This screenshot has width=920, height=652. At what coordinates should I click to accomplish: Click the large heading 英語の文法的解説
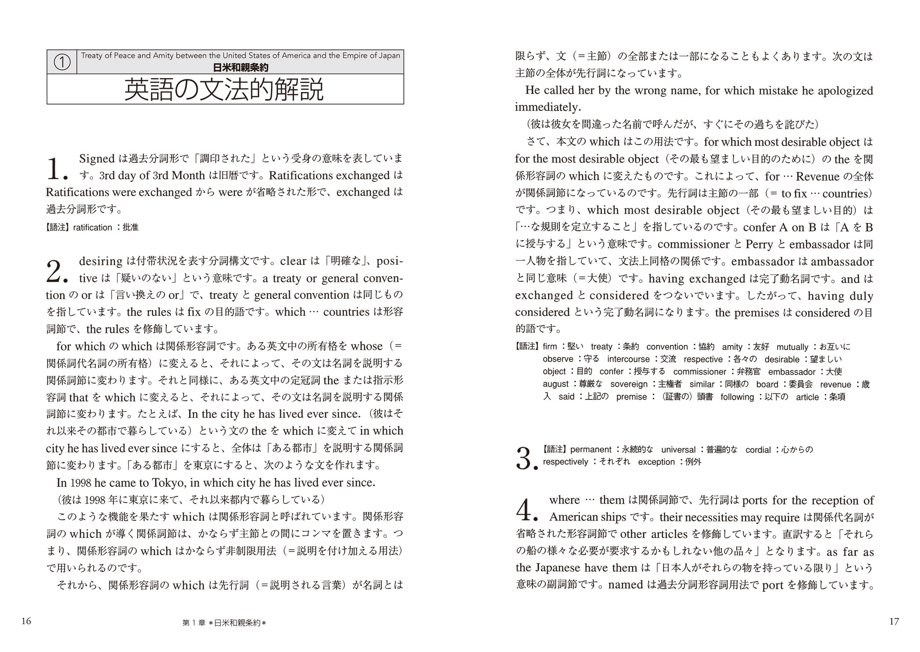[x=224, y=90]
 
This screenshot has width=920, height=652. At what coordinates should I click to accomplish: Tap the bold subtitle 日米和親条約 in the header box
[x=240, y=68]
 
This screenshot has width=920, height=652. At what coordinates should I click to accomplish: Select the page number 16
[x=26, y=621]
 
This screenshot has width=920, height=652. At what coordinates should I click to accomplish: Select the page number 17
[x=894, y=621]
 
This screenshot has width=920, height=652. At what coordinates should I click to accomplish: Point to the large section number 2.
[x=57, y=271]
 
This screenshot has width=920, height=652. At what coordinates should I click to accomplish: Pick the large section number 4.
[x=527, y=510]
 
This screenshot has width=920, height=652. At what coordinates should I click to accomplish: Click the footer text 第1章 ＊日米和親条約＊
[x=224, y=623]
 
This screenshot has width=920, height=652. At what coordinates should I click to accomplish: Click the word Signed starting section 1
[x=97, y=158]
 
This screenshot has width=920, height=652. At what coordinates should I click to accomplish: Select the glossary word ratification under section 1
[x=92, y=228]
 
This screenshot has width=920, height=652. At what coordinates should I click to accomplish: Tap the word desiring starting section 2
[x=101, y=261]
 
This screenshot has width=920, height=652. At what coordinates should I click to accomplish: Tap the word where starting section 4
[x=564, y=500]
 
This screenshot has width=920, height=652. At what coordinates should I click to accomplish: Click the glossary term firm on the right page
[x=549, y=346]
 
